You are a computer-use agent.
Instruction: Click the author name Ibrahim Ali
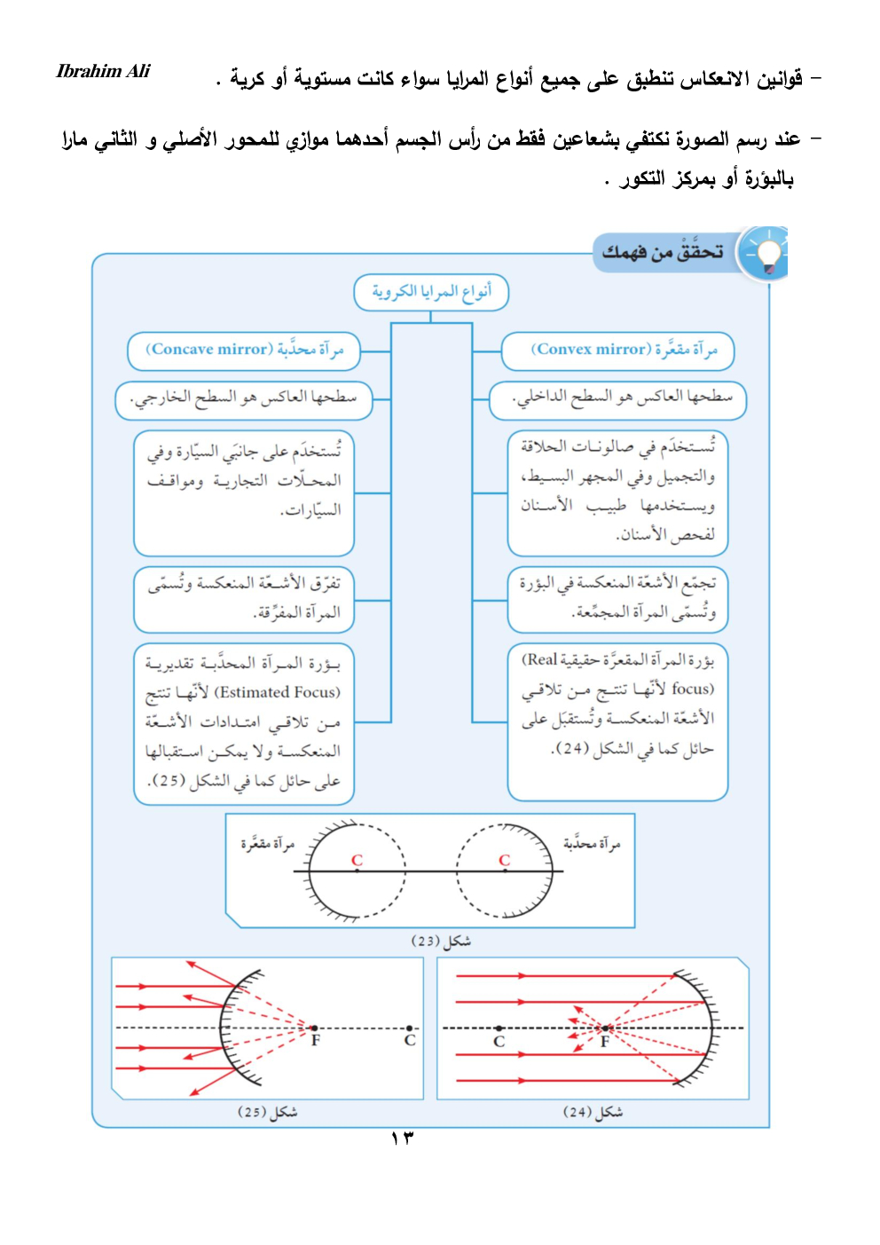[x=103, y=71]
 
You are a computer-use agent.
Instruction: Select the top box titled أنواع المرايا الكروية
[x=431, y=292]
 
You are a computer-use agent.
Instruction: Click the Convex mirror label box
[x=618, y=350]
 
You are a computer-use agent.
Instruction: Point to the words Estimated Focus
[x=277, y=692]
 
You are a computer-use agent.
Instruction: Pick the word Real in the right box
[x=541, y=659]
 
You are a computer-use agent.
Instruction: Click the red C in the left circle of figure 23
[x=357, y=860]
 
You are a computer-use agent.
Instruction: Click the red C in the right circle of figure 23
[x=504, y=860]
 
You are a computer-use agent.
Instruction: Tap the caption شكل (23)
[x=441, y=941]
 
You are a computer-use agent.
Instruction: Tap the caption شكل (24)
[x=593, y=1111]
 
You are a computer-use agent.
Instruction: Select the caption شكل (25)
[x=267, y=1111]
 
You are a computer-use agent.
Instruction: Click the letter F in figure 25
[x=315, y=1040]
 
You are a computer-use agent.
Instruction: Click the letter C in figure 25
[x=410, y=1040]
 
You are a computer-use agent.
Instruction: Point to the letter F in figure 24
[x=604, y=1042]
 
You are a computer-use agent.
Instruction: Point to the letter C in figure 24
[x=499, y=1042]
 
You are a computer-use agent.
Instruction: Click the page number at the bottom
[x=402, y=1138]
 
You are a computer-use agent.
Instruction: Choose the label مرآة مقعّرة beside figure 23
[x=267, y=843]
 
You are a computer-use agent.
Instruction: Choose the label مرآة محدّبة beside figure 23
[x=592, y=843]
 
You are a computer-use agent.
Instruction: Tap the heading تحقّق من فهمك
[x=663, y=253]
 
